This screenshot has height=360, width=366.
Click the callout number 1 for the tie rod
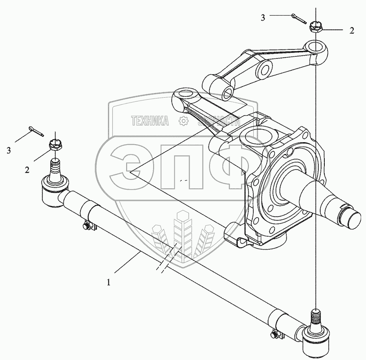[109, 282]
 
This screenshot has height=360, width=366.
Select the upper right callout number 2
[351, 30]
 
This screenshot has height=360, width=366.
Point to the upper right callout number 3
[263, 17]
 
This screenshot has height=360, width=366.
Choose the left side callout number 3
[8, 150]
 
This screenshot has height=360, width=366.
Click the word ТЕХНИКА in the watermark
[150, 120]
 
